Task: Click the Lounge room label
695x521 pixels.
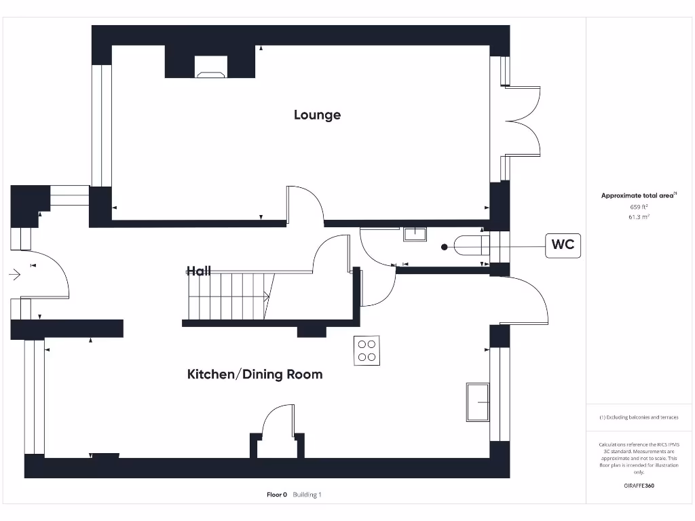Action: (x=317, y=115)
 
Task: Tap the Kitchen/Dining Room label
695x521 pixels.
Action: (x=255, y=374)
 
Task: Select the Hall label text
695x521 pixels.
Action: (x=199, y=271)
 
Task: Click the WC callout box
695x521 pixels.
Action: (x=563, y=245)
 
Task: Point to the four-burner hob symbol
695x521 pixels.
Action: (x=367, y=350)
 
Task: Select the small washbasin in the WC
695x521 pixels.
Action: (x=414, y=234)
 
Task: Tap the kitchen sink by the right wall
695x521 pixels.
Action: (x=477, y=402)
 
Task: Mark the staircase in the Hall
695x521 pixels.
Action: (x=229, y=296)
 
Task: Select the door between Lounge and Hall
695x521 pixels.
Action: (x=304, y=205)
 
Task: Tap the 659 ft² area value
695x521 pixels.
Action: (x=639, y=206)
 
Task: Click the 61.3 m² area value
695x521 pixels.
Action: (x=639, y=217)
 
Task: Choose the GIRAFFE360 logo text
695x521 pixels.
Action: (x=639, y=486)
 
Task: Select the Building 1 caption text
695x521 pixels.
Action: (x=307, y=495)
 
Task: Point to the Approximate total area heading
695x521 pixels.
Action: (x=638, y=195)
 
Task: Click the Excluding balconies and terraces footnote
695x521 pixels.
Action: (x=639, y=417)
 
